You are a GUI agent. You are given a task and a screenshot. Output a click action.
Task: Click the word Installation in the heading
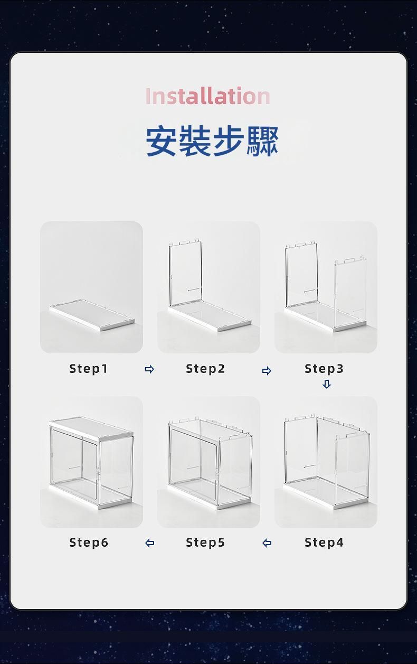coord(208,96)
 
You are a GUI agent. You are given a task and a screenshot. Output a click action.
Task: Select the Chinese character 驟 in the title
coord(263,141)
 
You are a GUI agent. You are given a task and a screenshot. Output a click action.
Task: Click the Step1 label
coord(88,369)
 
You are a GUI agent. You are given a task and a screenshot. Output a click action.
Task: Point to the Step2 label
coord(205,369)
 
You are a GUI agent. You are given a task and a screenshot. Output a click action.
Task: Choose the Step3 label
coord(324,369)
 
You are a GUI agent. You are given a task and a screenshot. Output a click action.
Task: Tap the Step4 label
coord(324,543)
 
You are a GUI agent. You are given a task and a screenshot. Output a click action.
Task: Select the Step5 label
coord(205,543)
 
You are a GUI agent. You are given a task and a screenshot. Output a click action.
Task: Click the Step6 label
coord(89,543)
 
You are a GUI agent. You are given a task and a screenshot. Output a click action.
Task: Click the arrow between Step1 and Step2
coord(149,369)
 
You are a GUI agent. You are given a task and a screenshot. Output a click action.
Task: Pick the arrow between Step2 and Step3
coord(267,370)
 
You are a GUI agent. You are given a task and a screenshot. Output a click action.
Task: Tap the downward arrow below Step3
coord(326,384)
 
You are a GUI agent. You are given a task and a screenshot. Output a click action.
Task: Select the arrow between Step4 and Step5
coord(267,543)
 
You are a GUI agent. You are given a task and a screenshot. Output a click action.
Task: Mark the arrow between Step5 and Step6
coord(149,543)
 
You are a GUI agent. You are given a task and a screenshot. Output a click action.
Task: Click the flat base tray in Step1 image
coord(92,315)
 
